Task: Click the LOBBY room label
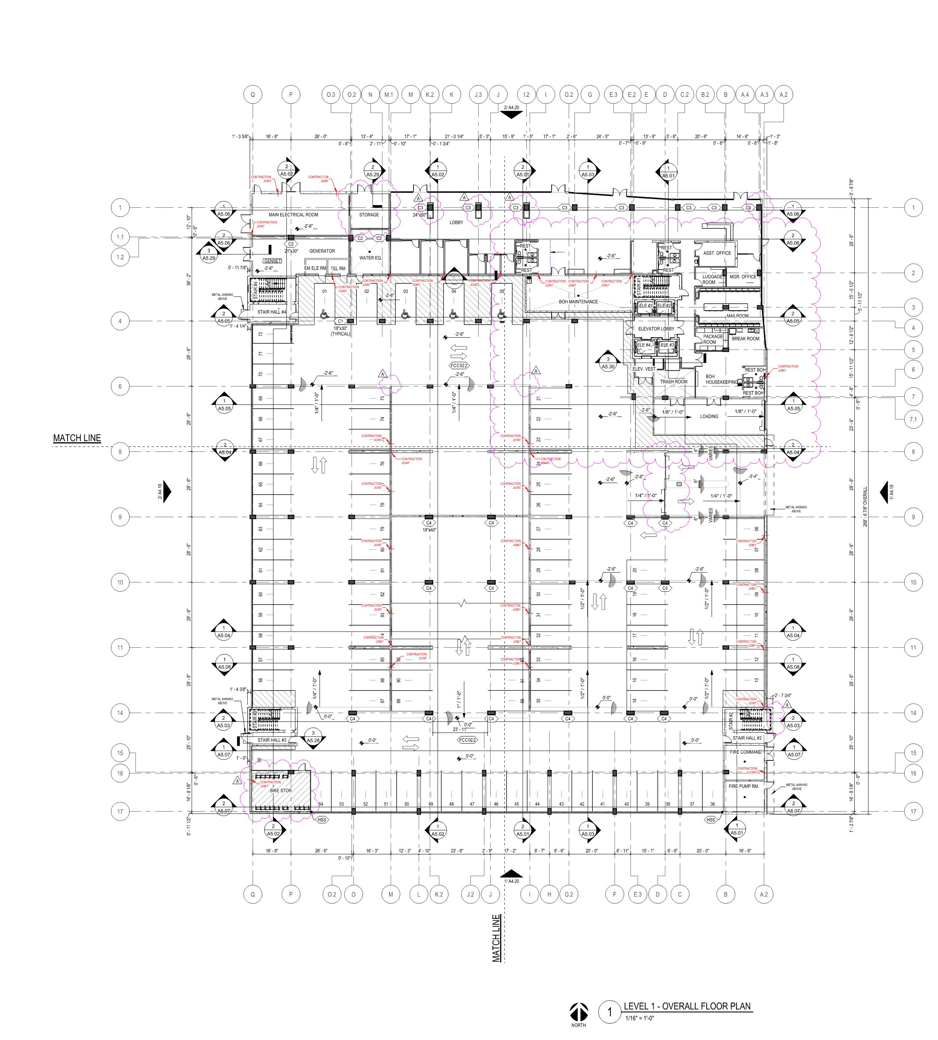click(x=456, y=222)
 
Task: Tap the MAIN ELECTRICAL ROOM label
click(x=293, y=215)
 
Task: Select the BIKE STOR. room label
click(x=281, y=791)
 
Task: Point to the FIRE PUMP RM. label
click(x=744, y=786)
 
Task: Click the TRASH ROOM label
click(x=673, y=382)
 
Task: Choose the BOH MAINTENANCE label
click(x=578, y=302)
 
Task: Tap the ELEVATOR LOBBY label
click(x=656, y=328)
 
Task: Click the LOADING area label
click(x=709, y=416)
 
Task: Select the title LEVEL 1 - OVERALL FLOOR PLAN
click(x=687, y=1006)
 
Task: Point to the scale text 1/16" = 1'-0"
click(x=639, y=1018)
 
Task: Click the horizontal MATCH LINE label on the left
click(x=77, y=438)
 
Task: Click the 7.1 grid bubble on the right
click(x=913, y=419)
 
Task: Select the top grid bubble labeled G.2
click(x=568, y=94)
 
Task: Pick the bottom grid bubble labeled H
click(x=549, y=894)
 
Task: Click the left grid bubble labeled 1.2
click(x=120, y=257)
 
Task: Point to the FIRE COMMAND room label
click(x=745, y=752)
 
